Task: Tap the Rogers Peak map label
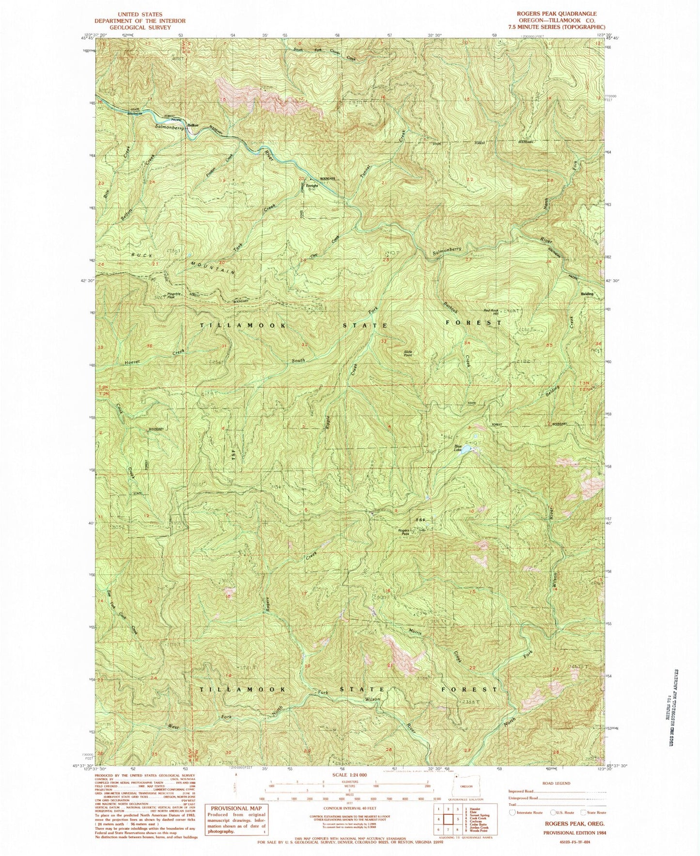click(404, 532)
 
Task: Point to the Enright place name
click(311, 186)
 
